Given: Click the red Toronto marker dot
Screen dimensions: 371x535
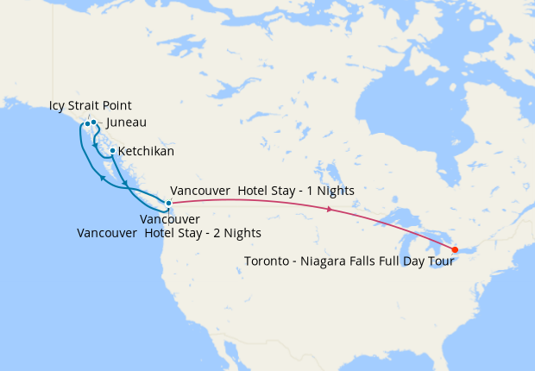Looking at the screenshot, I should point(455,250).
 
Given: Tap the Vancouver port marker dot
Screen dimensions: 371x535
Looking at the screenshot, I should point(169,203).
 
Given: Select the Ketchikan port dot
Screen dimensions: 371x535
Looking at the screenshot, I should point(112,151).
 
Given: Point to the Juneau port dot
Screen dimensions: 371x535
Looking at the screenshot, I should point(93,123).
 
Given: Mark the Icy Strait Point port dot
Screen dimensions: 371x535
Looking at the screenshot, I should point(87,123).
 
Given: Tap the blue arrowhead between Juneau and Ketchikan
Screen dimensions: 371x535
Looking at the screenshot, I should point(94,147).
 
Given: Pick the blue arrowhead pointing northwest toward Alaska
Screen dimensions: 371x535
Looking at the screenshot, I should point(103,178).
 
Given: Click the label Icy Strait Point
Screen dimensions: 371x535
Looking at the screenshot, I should point(91,106).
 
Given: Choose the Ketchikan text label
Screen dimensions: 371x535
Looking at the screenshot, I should point(146,151).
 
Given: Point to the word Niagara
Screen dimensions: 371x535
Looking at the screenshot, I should point(329,261).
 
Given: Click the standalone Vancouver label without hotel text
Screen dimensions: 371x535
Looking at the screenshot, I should point(170,220).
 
